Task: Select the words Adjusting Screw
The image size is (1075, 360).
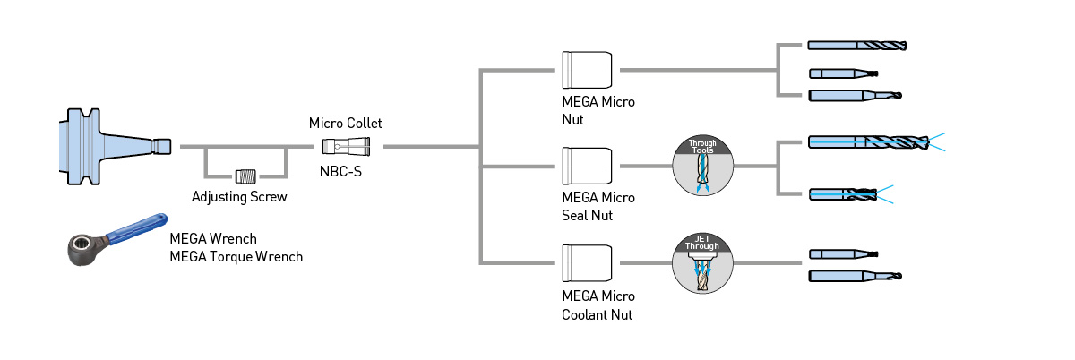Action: point(239,196)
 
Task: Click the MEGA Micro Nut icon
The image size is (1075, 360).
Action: point(587,70)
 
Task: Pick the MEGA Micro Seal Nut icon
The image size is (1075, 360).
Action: point(587,166)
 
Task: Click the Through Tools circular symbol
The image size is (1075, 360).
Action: point(703,166)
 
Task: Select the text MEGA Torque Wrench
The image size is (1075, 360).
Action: point(236,257)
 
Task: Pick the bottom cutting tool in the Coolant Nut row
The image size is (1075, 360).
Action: point(855,276)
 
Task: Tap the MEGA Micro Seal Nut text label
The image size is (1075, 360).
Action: point(598,206)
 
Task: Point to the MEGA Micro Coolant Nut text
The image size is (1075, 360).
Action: point(598,305)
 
